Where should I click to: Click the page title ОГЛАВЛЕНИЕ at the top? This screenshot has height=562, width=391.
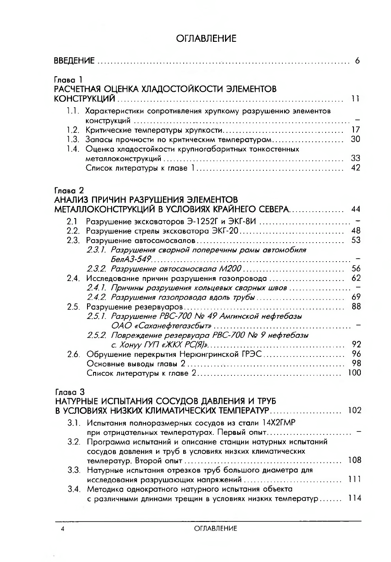tap(206, 39)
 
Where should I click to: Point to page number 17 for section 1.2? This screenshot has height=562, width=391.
tap(356, 130)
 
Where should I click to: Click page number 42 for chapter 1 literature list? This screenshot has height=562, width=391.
tap(356, 168)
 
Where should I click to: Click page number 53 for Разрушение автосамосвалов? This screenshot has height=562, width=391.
tap(356, 240)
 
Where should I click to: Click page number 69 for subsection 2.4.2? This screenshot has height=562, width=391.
tap(356, 297)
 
